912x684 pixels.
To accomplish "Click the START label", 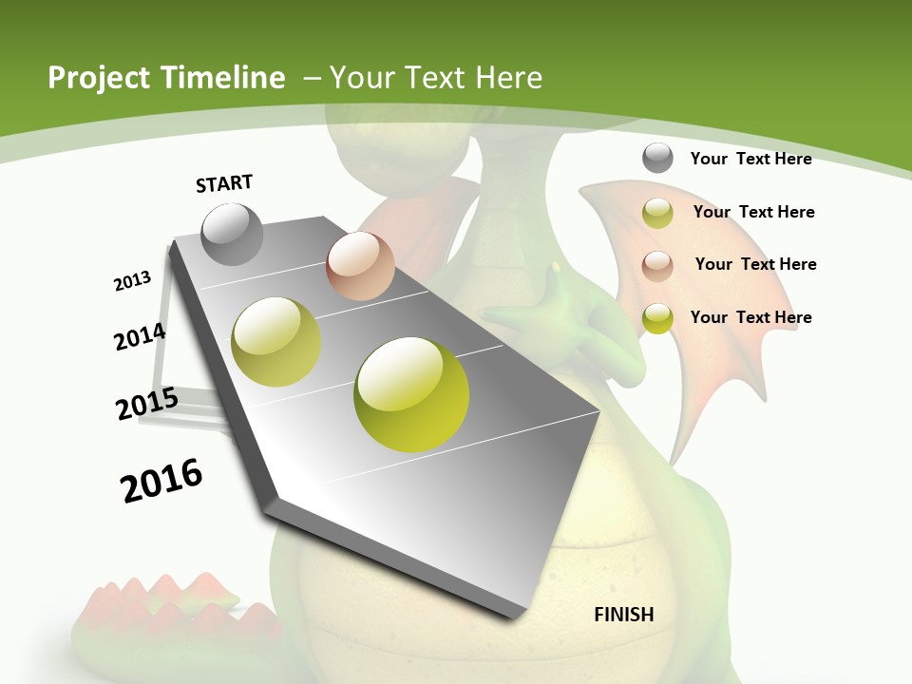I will point(224,183).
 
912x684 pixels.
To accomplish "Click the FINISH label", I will point(623,615).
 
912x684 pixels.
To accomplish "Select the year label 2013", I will point(133,281).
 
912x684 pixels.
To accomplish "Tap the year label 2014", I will point(140,337).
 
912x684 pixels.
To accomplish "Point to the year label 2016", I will point(161,481).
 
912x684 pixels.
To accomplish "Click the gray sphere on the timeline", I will point(232,234).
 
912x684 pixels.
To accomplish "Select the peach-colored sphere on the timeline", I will point(360,266).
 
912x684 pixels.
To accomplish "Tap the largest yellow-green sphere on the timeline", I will point(411,394).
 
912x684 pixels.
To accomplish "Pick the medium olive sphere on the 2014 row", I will point(276,342).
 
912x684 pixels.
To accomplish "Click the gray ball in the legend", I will point(657,158).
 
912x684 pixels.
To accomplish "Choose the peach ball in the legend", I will point(657,266).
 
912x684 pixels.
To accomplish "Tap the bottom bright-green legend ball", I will point(657,318).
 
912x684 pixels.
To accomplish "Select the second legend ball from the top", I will point(657,213).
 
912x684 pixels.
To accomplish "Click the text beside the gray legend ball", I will point(750,159).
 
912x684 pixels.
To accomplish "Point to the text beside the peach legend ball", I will point(755,264).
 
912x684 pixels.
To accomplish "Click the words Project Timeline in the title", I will point(166,78).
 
